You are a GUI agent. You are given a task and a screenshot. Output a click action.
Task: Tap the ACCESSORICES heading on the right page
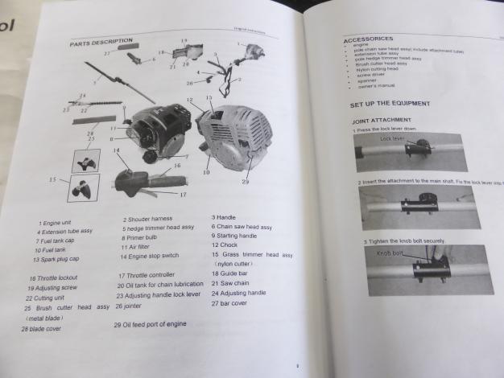tap(368, 39)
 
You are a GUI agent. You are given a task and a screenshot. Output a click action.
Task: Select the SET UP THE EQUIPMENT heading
tap(390, 104)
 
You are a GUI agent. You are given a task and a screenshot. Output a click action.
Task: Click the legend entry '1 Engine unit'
tap(56, 222)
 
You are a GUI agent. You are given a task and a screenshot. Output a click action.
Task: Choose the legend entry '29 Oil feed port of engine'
tap(151, 323)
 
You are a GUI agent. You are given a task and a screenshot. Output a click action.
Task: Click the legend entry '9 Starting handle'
tap(234, 236)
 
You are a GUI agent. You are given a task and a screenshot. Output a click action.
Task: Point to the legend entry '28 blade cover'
tap(41, 328)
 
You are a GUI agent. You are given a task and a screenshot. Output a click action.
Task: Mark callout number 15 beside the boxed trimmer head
tap(53, 179)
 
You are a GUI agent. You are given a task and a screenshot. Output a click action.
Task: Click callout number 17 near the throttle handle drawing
tap(183, 193)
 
